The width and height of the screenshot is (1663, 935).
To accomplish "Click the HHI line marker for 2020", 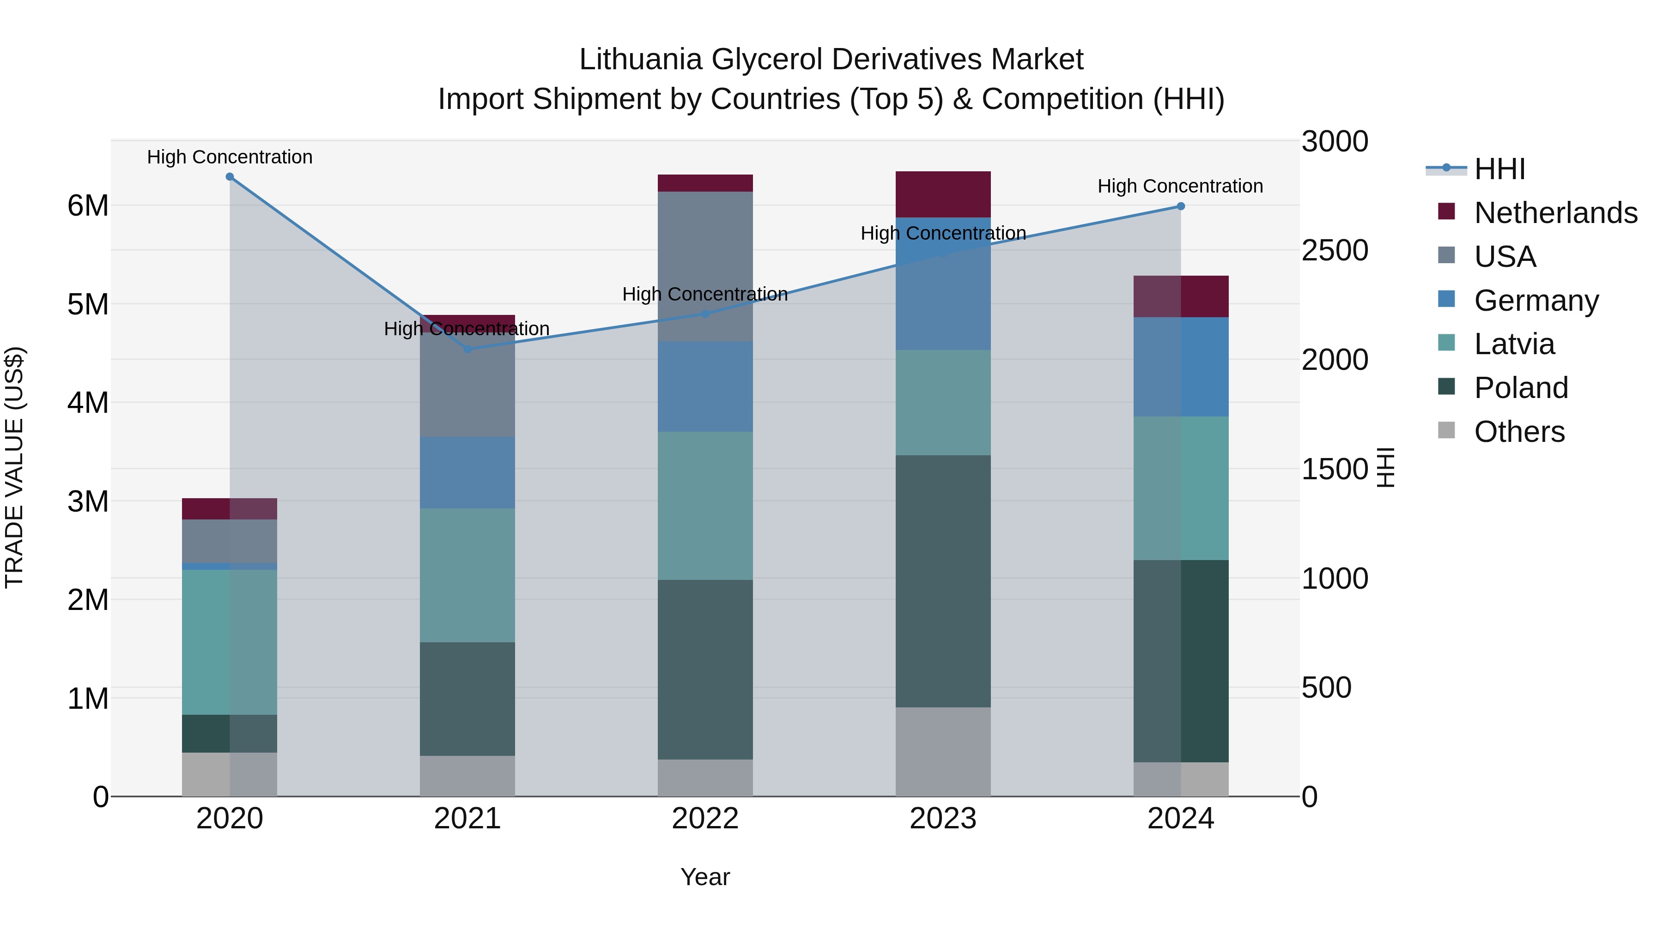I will click(x=230, y=177).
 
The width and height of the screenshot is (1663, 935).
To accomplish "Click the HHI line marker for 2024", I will click(x=1181, y=206).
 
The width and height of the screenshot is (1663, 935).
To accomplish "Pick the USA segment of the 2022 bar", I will click(x=705, y=266).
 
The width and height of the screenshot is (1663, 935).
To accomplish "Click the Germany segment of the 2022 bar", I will click(x=705, y=386).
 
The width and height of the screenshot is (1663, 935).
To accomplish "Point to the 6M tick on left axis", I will click(x=88, y=206).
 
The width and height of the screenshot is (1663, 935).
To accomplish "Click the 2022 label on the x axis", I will click(x=705, y=819).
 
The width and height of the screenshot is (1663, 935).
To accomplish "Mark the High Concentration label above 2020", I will click(x=230, y=157).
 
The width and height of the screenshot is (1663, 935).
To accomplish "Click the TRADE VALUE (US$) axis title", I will click(x=14, y=467).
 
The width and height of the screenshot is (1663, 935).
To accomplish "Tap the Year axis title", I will click(x=705, y=877).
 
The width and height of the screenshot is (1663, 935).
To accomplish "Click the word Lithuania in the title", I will click(x=640, y=60).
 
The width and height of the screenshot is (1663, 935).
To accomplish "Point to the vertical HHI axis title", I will click(x=1386, y=467).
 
